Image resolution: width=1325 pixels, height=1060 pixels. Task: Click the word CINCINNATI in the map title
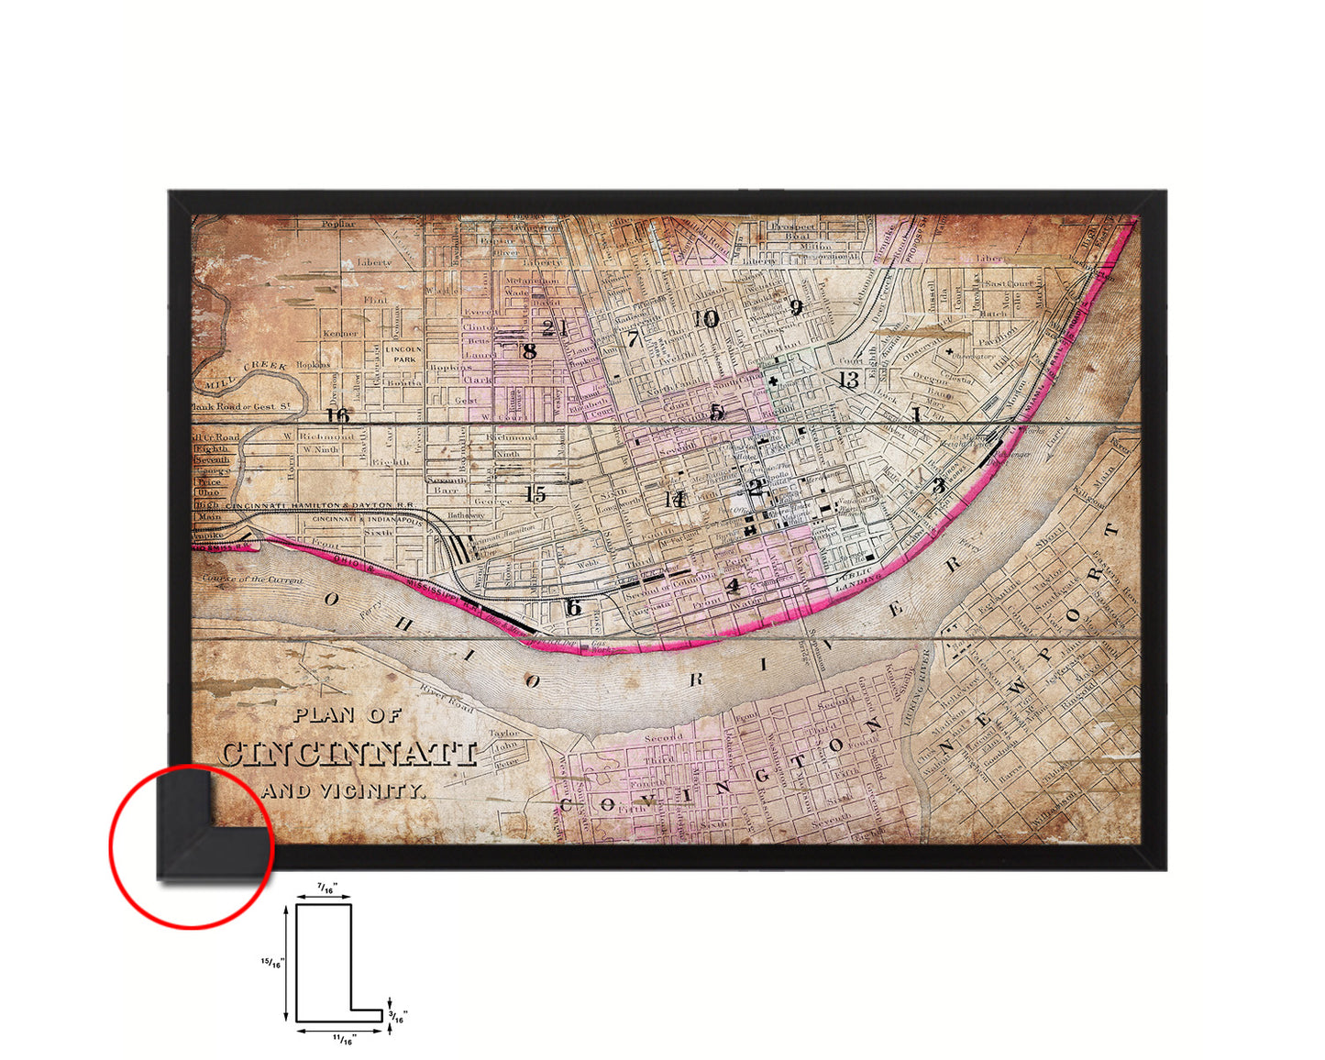tap(348, 754)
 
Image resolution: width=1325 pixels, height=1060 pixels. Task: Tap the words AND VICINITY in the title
tap(344, 789)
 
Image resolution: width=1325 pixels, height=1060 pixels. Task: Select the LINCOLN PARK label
tap(403, 354)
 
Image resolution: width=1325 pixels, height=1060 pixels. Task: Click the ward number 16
tap(338, 415)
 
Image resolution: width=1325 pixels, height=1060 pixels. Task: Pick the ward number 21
tap(554, 328)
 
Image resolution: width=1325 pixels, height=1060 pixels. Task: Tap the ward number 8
tap(529, 350)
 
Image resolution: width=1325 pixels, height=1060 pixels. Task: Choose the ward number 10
tap(706, 319)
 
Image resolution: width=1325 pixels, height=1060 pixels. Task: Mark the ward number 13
tap(848, 380)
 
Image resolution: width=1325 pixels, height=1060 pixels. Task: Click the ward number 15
tap(536, 494)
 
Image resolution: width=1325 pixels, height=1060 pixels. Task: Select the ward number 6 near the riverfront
tap(573, 607)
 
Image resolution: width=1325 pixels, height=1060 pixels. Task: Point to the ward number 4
tap(732, 585)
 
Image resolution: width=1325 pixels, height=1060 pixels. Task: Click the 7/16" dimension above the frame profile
tap(325, 889)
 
